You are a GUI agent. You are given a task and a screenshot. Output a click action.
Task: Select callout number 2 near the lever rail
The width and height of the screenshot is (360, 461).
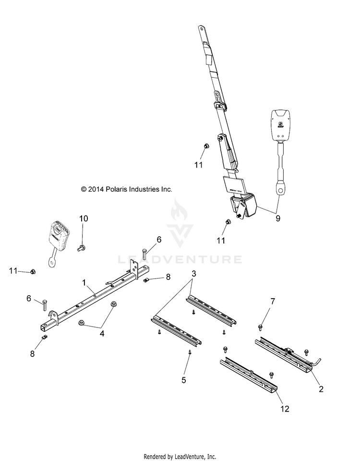pyautogui.click(x=321, y=389)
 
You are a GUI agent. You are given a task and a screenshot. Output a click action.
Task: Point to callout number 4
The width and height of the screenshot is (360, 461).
pyautogui.click(x=102, y=332)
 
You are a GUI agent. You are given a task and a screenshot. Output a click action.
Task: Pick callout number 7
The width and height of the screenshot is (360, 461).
pyautogui.click(x=273, y=302)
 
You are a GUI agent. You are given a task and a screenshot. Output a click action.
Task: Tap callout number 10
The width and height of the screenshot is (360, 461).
pyautogui.click(x=84, y=219)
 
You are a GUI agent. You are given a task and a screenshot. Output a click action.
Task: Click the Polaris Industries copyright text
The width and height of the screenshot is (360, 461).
pyautogui.click(x=126, y=189)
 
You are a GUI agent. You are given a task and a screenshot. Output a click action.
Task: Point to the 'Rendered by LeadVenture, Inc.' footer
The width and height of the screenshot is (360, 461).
pyautogui.click(x=180, y=456)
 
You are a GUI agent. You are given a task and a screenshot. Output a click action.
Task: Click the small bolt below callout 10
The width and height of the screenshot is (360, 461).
pyautogui.click(x=81, y=248)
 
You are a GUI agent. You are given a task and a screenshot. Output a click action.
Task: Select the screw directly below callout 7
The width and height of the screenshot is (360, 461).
pyautogui.click(x=260, y=327)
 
